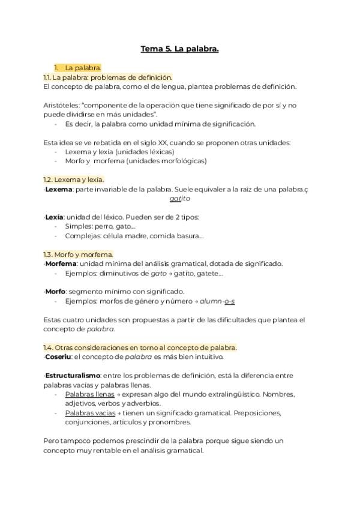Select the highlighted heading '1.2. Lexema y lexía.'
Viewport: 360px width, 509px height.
pyautogui.click(x=74, y=179)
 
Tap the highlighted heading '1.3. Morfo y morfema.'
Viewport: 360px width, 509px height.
pyautogui.click(x=78, y=254)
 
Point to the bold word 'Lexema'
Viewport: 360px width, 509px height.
pyautogui.click(x=59, y=189)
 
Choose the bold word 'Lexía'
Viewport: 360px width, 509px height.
pyautogui.click(x=54, y=217)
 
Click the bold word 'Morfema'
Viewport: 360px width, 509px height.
pyautogui.click(x=61, y=264)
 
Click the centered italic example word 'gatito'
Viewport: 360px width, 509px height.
pyautogui.click(x=179, y=199)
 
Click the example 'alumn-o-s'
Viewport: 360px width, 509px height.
pyautogui.click(x=217, y=301)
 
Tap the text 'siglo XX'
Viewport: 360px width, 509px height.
pyautogui.click(x=163, y=142)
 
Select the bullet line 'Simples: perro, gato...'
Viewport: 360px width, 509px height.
pyautogui.click(x=100, y=226)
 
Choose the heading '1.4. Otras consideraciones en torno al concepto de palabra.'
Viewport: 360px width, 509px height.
pyautogui.click(x=140, y=348)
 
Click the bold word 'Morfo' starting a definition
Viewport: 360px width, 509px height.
pyautogui.click(x=56, y=292)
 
